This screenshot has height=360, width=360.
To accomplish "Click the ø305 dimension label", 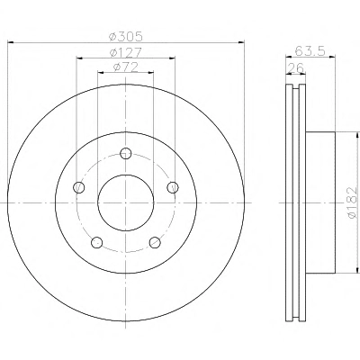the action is pyautogui.click(x=126, y=37).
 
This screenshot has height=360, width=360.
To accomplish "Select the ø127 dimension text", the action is pyautogui.click(x=126, y=53).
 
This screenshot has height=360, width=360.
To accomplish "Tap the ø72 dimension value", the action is pyautogui.click(x=126, y=67).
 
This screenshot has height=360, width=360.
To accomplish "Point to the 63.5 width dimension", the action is pyautogui.click(x=310, y=50).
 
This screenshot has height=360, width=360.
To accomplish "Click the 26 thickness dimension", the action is pyautogui.click(x=296, y=68).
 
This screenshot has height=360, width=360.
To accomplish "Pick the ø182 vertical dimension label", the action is pyautogui.click(x=352, y=202).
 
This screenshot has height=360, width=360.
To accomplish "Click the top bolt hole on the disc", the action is pyautogui.click(x=126, y=154).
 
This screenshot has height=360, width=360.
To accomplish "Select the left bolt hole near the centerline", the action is pyautogui.click(x=79, y=187).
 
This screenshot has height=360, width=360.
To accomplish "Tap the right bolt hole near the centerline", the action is pyautogui.click(x=173, y=187).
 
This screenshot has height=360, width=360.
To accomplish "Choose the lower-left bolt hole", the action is pyautogui.click(x=97, y=242).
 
